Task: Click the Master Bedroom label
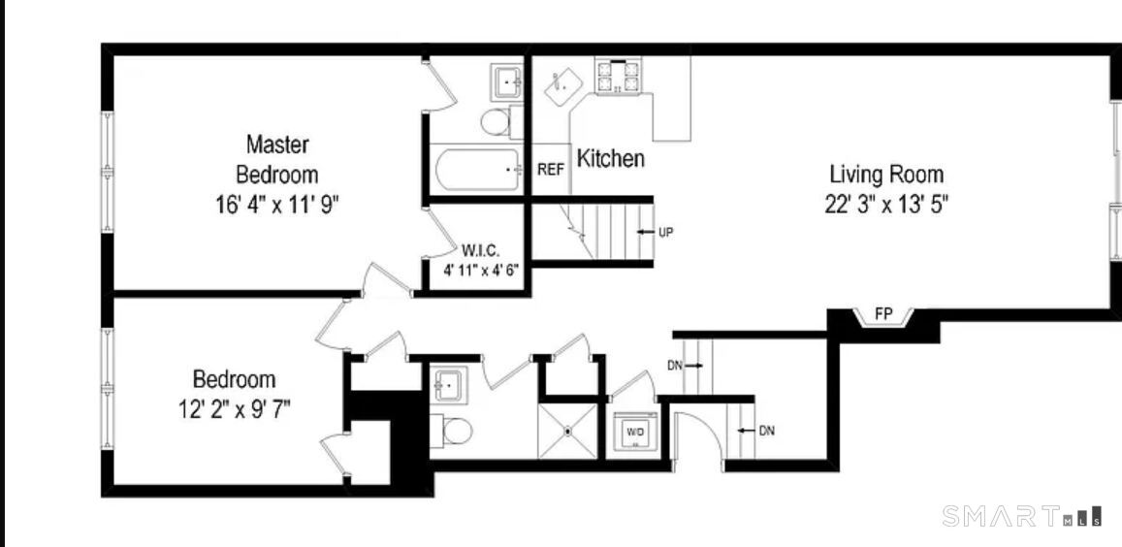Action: pos(277,159)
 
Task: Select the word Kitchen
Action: pos(610,158)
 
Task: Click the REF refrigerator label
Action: pos(551,170)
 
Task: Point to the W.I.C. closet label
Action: pos(481,250)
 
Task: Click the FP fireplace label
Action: pos(883,313)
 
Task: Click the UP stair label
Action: pos(665,232)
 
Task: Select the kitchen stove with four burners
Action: pos(617,76)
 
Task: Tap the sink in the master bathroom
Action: pos(508,81)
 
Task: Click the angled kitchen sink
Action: pos(563,88)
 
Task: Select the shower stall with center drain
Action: pos(567,431)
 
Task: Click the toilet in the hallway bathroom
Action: pos(452,431)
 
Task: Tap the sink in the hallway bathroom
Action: pos(449,385)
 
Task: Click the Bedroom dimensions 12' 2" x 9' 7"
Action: pos(234,409)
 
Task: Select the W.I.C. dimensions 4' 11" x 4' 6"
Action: pos(481,271)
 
